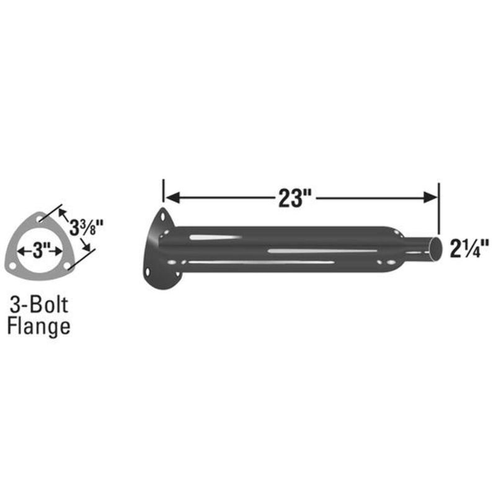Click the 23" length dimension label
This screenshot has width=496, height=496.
[293, 198]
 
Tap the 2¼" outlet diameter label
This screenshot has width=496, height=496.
[468, 248]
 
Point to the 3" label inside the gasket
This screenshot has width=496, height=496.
[40, 252]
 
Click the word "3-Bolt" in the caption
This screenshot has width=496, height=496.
[38, 305]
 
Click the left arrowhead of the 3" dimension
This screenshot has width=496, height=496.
[21, 252]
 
